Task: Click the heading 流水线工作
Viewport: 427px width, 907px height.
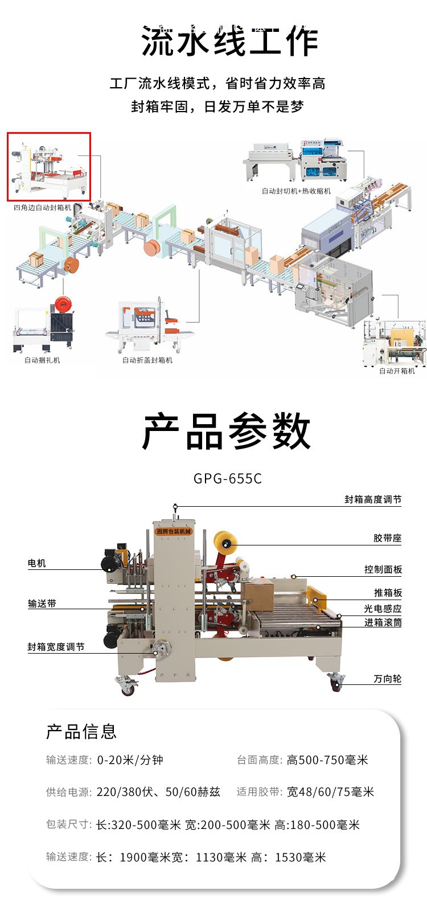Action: pos(230,41)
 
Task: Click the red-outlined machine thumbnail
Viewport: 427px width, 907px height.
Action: pos(49,167)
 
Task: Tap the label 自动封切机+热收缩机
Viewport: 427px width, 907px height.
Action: pos(296,191)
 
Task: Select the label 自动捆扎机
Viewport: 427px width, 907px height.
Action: pos(42,360)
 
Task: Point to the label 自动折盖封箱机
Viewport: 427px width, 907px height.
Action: pos(147,360)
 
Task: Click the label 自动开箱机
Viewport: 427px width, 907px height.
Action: pos(397,371)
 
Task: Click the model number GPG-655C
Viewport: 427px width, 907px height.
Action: pos(228,478)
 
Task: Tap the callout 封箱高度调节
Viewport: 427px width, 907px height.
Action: pos(373,499)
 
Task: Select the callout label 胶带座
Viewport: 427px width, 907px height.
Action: pos(388,538)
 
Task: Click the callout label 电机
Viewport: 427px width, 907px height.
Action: pos(37,563)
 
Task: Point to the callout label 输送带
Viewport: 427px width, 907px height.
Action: pos(42,604)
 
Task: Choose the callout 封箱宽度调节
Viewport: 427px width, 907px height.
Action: pos(56,647)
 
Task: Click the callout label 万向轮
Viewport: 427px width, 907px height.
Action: pos(388,679)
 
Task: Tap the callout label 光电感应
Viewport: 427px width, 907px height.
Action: pos(383,609)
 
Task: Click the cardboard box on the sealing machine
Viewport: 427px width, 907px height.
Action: pos(257,594)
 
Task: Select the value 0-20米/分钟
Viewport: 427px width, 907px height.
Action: pos(130,760)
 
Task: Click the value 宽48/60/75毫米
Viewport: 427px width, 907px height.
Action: pos(330,792)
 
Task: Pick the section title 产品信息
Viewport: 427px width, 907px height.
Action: pos(81,732)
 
